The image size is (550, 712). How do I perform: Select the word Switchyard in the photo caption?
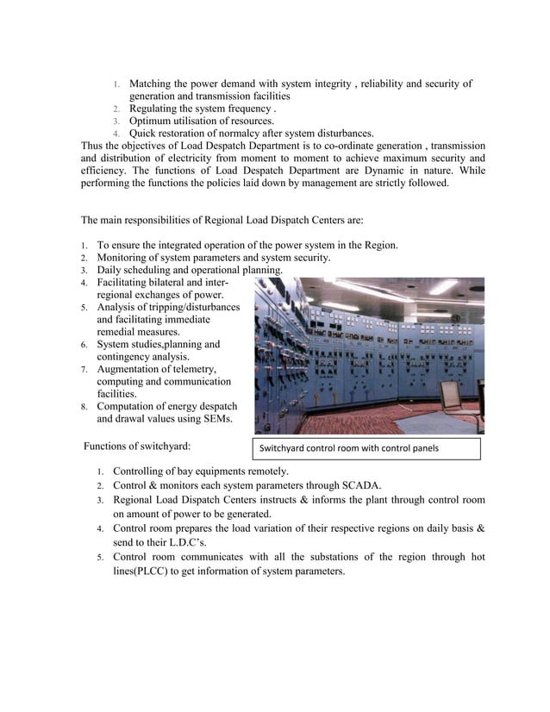pyautogui.click(x=284, y=448)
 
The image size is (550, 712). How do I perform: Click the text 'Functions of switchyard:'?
pyautogui.click(x=137, y=446)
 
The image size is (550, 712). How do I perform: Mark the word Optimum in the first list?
pyautogui.click(x=152, y=122)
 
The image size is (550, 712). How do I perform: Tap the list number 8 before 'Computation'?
pyautogui.click(x=84, y=408)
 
